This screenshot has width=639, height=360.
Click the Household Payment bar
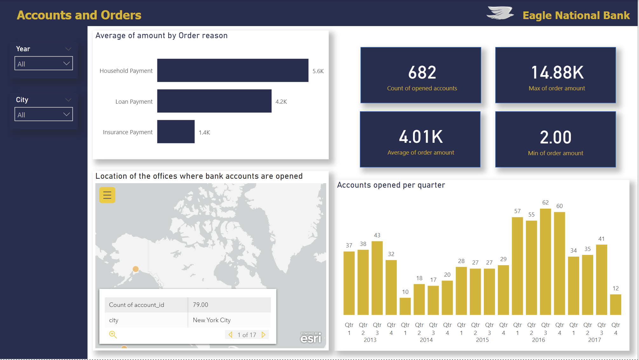coord(232,70)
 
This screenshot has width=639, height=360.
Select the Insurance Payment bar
coord(175,132)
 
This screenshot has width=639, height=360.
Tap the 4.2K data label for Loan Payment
coord(281,102)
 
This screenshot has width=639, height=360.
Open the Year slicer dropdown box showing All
coord(44,64)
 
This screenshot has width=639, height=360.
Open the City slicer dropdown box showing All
coord(44,114)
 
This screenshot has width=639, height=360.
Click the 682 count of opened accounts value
coord(422,73)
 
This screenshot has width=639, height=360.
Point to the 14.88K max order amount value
coord(557,73)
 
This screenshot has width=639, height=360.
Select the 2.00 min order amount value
coord(555,137)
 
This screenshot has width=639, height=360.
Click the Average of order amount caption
coord(421,153)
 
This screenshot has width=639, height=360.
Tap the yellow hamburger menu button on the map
coord(107,195)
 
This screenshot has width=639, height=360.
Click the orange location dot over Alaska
coord(136,269)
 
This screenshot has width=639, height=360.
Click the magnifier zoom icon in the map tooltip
coord(113,334)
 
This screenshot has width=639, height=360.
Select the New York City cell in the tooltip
coord(212,320)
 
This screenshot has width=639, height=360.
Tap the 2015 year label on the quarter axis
coord(482,340)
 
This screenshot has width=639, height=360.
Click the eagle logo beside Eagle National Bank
coord(500,13)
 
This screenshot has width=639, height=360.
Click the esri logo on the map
coord(311,338)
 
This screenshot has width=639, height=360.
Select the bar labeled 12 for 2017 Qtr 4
coord(615,304)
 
